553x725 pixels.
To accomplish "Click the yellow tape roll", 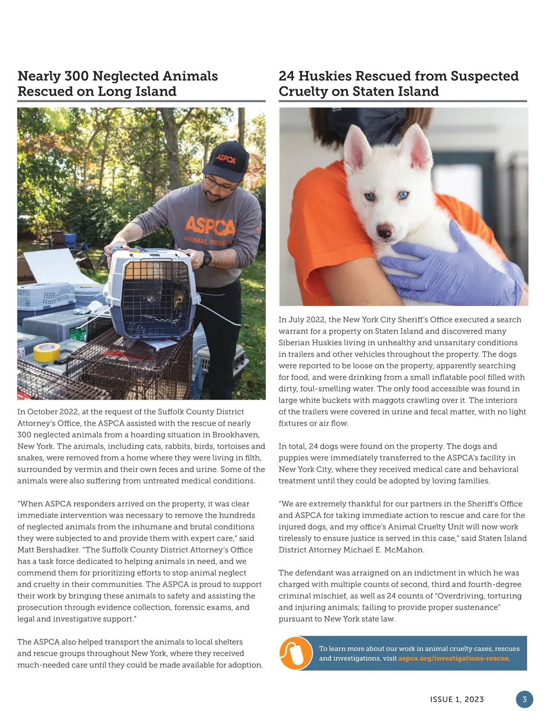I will tap(47, 353).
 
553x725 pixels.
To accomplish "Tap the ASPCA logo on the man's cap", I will tap(226, 159).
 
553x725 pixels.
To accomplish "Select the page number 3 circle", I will tap(524, 699).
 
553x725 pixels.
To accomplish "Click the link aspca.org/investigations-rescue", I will tap(453, 658).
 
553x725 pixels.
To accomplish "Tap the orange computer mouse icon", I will tap(295, 653).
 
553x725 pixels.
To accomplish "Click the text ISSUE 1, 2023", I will tap(457, 699).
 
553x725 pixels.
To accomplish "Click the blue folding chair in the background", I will tap(71, 244).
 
